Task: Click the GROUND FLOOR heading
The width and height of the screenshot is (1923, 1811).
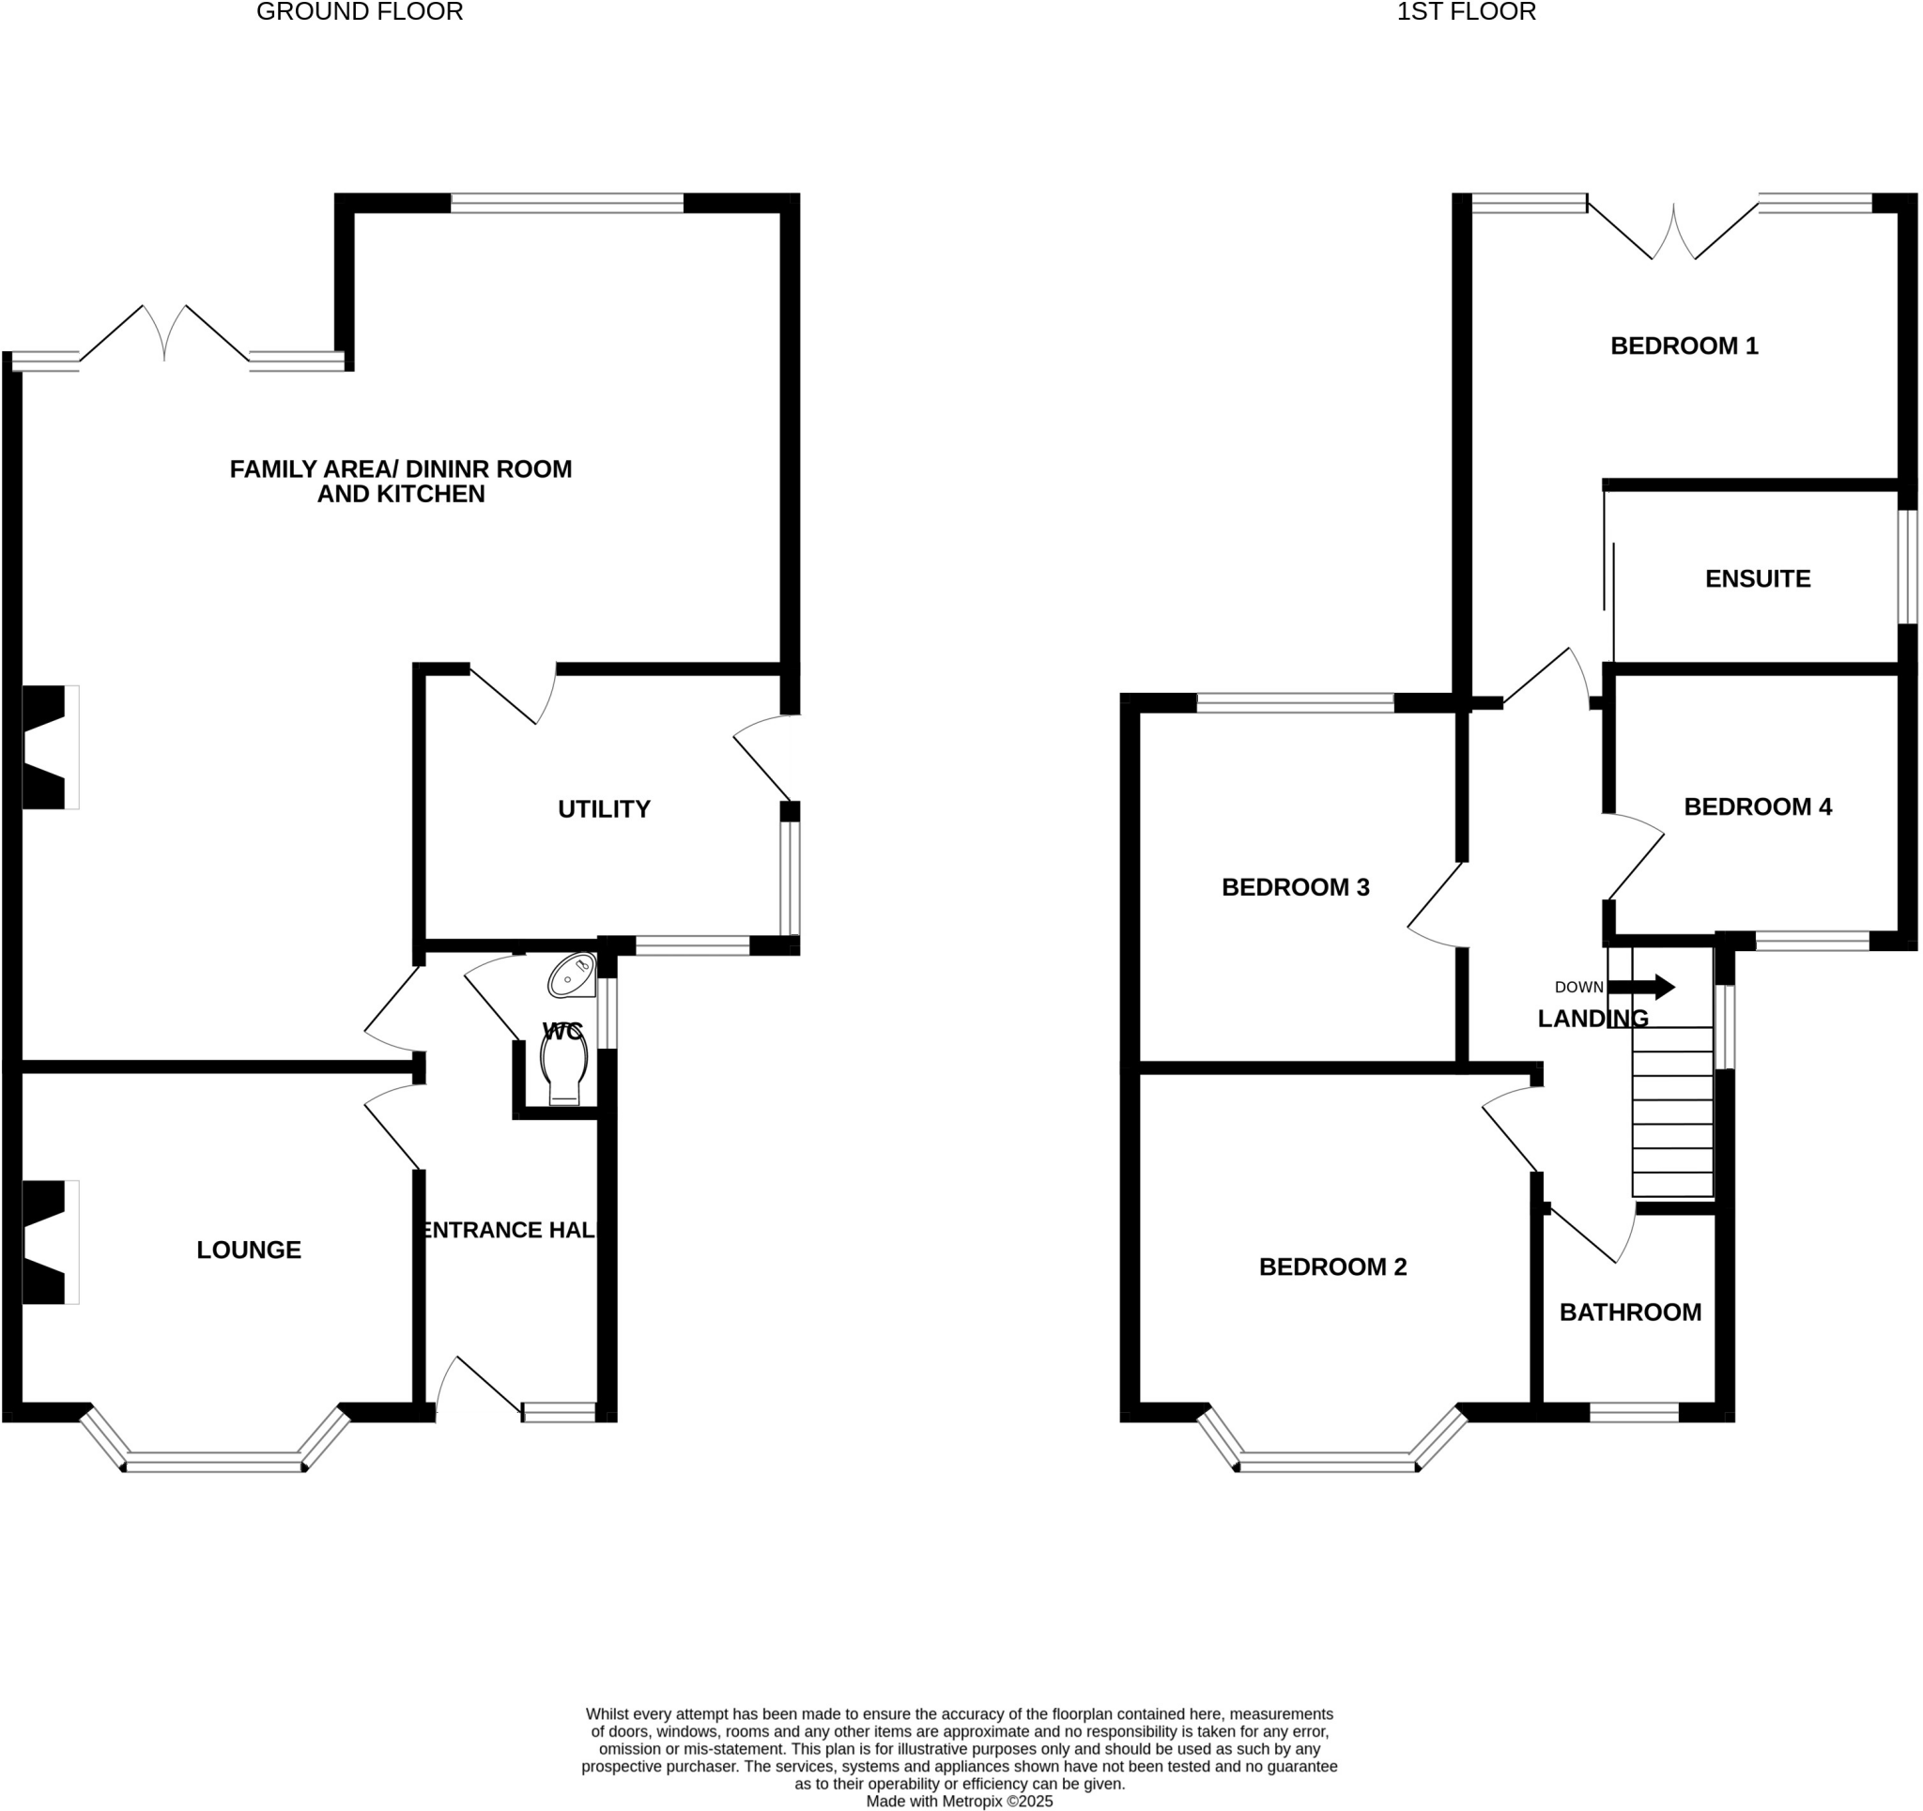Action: [x=359, y=12]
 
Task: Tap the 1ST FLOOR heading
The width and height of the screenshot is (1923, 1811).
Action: [x=1466, y=12]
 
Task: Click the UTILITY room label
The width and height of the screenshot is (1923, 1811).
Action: [x=604, y=808]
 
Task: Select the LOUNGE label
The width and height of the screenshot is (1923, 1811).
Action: [x=249, y=1250]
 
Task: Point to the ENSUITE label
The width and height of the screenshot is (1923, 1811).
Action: [x=1757, y=578]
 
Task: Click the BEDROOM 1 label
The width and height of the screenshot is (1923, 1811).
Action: [x=1684, y=345]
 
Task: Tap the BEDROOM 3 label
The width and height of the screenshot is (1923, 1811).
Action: [x=1294, y=887]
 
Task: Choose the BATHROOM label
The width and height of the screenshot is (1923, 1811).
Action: [x=1630, y=1312]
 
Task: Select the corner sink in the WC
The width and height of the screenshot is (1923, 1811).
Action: [x=573, y=975]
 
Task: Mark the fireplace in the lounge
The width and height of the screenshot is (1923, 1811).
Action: [x=46, y=1242]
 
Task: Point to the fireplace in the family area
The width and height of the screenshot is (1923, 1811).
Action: [x=46, y=747]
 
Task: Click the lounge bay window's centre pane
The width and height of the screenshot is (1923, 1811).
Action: [x=215, y=1463]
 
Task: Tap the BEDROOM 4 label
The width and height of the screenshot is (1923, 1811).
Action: [x=1757, y=806]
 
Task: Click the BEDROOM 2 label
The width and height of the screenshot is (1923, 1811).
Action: [x=1332, y=1266]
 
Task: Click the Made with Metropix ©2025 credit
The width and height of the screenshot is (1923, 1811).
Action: [x=959, y=1802]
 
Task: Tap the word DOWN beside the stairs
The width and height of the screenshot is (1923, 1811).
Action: [x=1578, y=987]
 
